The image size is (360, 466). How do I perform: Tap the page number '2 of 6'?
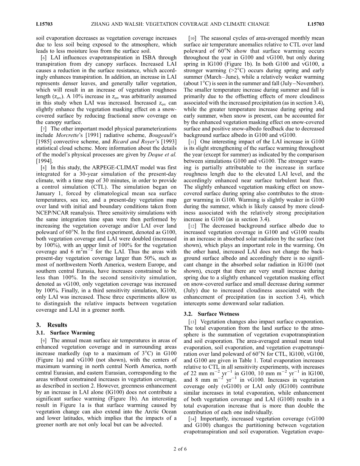(x=180, y=449)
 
